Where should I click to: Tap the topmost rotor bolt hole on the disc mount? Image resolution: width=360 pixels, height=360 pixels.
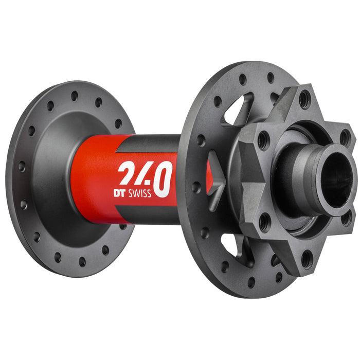(x=305, y=99)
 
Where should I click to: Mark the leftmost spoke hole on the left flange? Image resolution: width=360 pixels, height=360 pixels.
(x=21, y=167)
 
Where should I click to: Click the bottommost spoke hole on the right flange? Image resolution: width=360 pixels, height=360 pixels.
(x=250, y=282)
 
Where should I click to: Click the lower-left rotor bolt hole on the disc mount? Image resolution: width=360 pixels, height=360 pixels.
(x=264, y=222)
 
